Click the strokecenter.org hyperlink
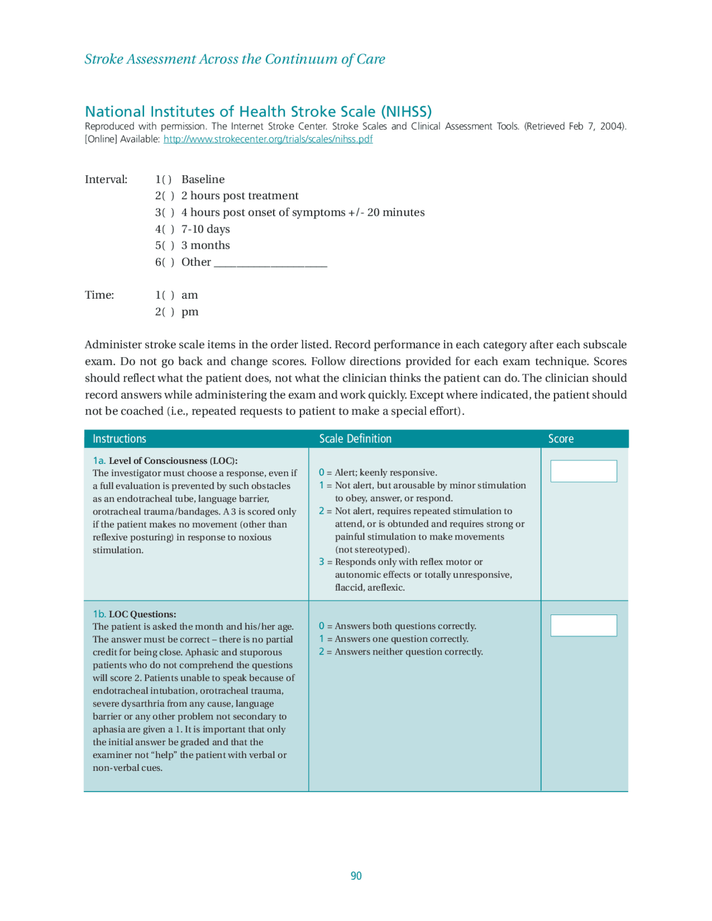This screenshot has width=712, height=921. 268,139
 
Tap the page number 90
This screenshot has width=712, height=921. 356,876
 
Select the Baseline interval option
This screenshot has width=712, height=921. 164,180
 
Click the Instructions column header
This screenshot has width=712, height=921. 119,439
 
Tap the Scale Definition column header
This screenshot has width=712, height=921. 355,439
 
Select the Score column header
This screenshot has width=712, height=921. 561,439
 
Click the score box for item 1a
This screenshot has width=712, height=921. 584,471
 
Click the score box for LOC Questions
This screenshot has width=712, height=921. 584,625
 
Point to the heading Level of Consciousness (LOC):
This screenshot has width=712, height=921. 173,460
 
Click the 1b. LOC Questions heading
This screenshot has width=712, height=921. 135,614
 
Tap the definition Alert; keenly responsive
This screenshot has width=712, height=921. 385,473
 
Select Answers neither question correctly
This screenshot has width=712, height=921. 408,652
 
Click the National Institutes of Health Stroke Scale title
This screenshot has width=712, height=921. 258,111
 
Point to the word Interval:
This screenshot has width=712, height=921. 106,180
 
